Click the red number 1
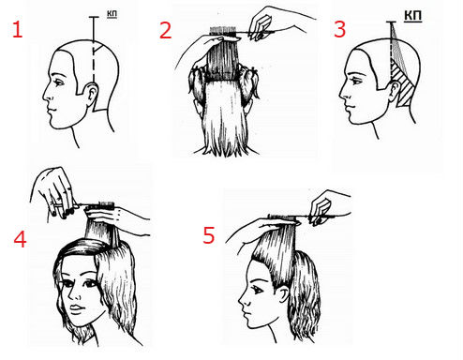[17, 30]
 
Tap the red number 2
[165, 30]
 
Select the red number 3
[340, 29]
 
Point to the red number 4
[20, 239]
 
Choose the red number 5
[209, 235]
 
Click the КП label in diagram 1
[112, 14]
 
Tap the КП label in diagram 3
[412, 16]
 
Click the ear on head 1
[92, 95]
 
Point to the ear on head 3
[395, 91]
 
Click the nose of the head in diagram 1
[46, 95]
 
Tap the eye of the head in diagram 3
[356, 82]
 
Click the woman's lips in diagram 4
[76, 308]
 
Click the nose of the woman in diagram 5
[241, 301]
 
